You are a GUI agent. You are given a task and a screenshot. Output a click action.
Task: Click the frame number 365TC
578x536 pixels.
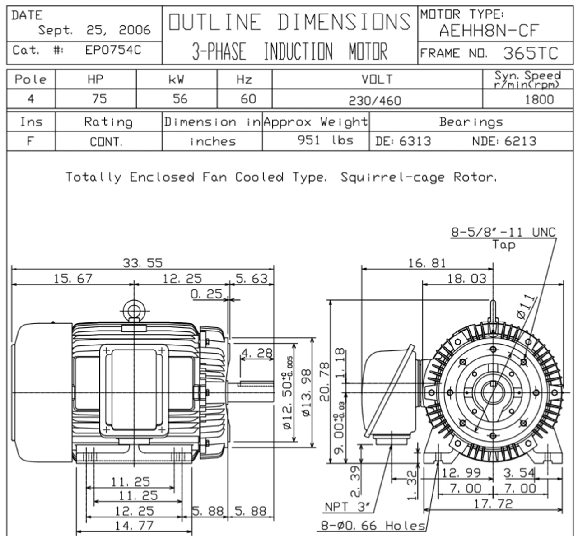531,53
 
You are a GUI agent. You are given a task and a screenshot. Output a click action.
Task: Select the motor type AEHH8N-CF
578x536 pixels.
489,31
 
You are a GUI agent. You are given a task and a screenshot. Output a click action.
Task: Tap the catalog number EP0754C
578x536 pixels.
113,50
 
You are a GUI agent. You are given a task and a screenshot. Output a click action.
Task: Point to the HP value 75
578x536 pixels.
99,99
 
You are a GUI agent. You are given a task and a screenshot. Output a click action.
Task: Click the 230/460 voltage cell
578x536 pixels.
375,101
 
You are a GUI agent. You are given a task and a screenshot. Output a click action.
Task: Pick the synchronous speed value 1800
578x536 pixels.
539,100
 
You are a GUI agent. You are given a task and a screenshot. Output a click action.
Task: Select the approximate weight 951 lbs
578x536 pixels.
326,140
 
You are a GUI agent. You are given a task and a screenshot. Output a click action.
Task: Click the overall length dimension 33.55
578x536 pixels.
143,263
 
